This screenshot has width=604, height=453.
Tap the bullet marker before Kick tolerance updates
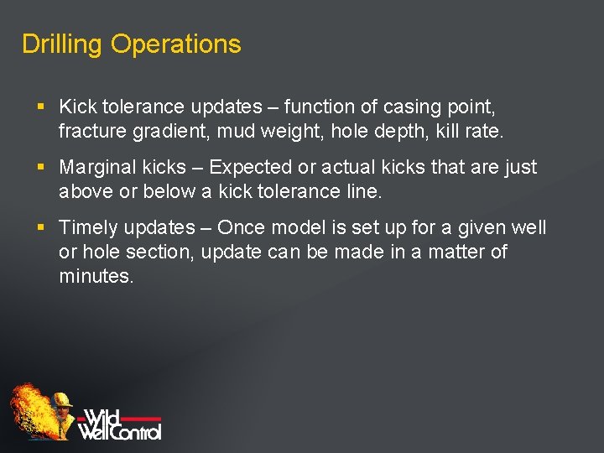(41, 107)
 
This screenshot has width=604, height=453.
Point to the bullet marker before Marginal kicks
(41, 168)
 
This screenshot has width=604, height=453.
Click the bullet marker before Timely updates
(41, 228)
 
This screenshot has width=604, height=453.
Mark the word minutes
(95, 276)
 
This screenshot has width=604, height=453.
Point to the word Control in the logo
(133, 430)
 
